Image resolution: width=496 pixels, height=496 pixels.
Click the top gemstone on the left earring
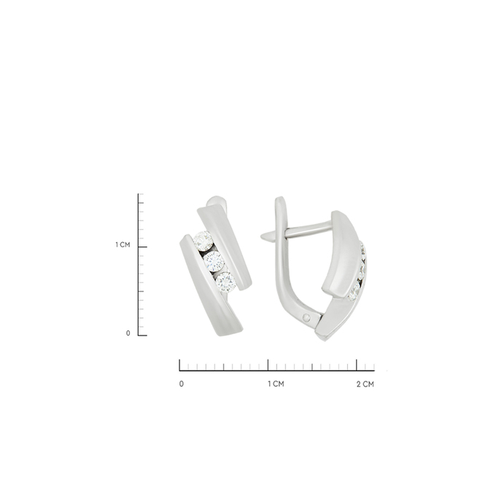click(203, 241)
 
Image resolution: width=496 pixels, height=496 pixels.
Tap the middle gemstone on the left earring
click(214, 261)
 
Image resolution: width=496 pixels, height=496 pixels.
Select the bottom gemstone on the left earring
click(225, 282)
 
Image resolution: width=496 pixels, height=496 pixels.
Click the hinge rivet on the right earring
click(306, 317)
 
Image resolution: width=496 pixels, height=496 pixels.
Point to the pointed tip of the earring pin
click(261, 236)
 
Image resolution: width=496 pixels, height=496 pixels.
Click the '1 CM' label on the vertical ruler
click(123, 245)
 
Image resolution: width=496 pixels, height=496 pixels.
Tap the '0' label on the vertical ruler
click(128, 333)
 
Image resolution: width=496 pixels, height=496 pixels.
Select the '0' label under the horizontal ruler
click(181, 384)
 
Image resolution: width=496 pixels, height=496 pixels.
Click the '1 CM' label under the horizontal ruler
click(276, 384)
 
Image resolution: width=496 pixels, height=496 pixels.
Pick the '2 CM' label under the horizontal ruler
click(365, 384)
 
